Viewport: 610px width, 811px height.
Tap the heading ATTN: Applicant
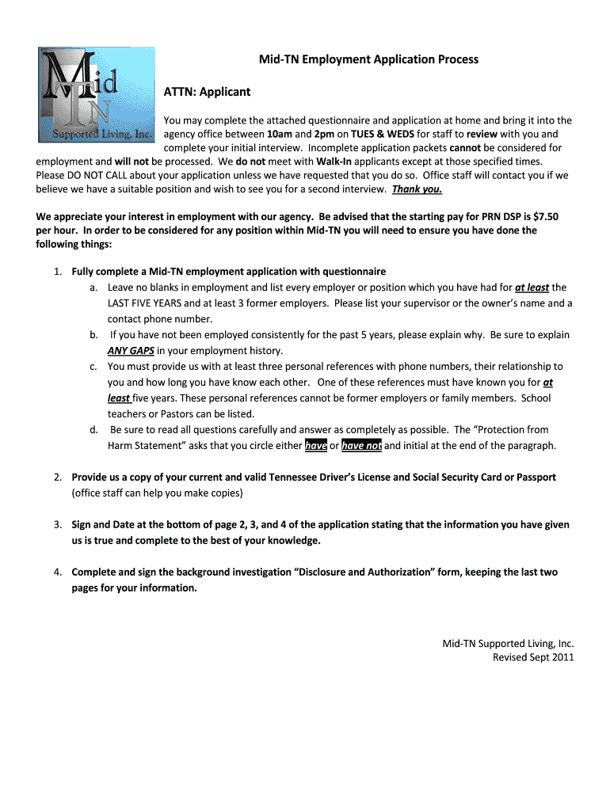[207, 92]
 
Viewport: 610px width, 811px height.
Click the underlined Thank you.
[417, 189]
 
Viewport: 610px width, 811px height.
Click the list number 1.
[58, 272]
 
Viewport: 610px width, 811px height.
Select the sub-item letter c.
[93, 367]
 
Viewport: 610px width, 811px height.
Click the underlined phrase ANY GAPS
[131, 351]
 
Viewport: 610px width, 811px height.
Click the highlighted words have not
[361, 446]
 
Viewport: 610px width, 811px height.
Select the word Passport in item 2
[535, 478]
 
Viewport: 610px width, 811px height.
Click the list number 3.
[58, 525]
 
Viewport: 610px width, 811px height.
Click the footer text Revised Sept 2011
[533, 657]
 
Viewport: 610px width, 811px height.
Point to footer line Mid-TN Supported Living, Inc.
[508, 644]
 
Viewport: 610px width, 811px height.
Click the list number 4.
[58, 572]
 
